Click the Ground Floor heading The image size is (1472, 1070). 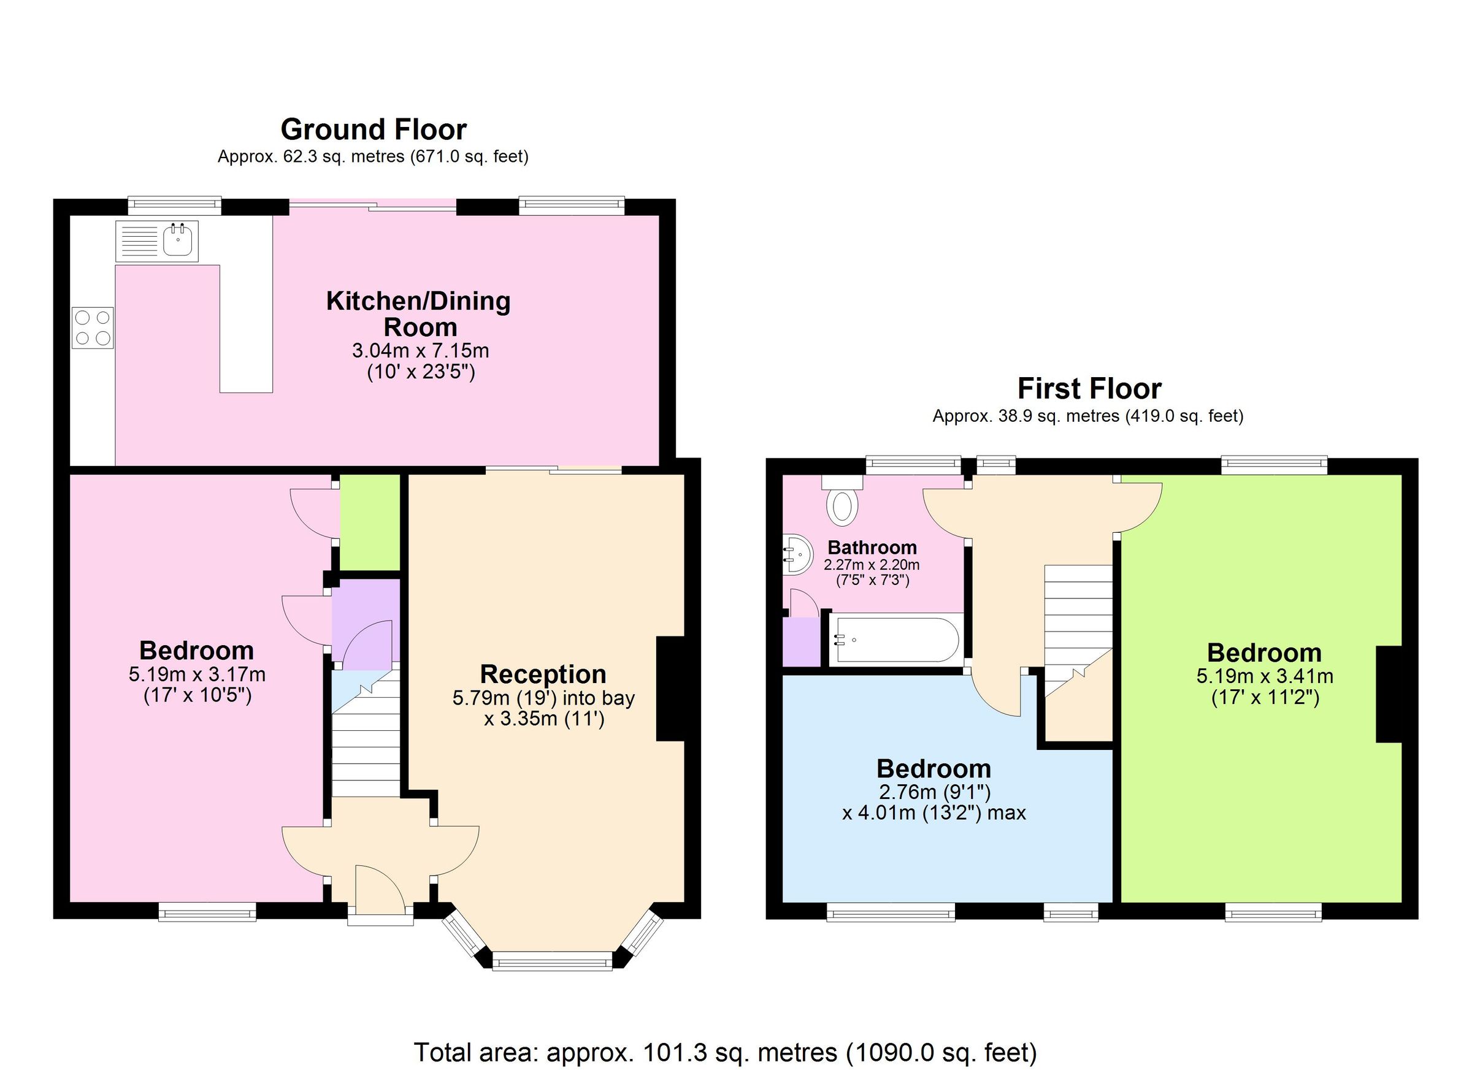tap(373, 130)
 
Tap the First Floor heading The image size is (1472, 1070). tap(1089, 389)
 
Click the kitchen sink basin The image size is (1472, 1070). tap(177, 241)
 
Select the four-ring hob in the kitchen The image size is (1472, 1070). tap(93, 327)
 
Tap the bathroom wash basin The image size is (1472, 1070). tap(798, 555)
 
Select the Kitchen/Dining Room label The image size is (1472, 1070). tap(419, 313)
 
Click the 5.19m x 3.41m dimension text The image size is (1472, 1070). tap(1264, 676)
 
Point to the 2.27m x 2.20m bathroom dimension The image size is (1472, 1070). tap(872, 565)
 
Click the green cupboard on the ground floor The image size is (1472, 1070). tap(370, 522)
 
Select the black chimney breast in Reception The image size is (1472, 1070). tap(671, 688)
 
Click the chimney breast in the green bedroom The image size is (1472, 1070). tap(1389, 694)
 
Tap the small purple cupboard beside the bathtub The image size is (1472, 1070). tap(802, 641)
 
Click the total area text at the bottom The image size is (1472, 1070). tap(725, 1052)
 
